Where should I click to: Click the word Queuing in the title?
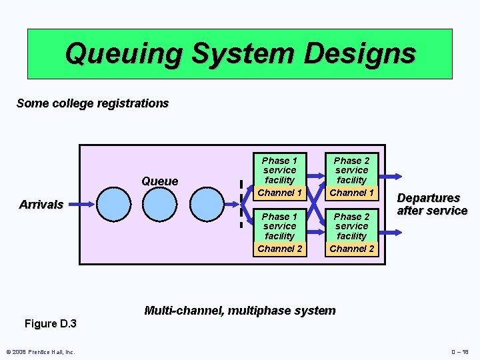point(124,53)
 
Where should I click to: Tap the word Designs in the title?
point(359,53)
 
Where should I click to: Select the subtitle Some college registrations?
point(93,103)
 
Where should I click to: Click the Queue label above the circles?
point(160,181)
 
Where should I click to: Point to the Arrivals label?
point(41,205)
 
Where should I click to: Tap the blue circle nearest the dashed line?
point(209,205)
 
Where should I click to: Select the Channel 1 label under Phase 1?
point(279,193)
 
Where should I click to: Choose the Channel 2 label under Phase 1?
point(279,249)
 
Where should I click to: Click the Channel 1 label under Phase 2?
point(352,193)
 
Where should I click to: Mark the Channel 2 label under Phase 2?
point(352,249)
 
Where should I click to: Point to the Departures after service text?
point(432,205)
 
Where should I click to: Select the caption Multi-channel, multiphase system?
point(240,310)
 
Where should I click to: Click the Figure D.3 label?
point(50,324)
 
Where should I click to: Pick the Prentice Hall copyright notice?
point(40,352)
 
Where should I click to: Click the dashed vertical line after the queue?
point(241,205)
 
